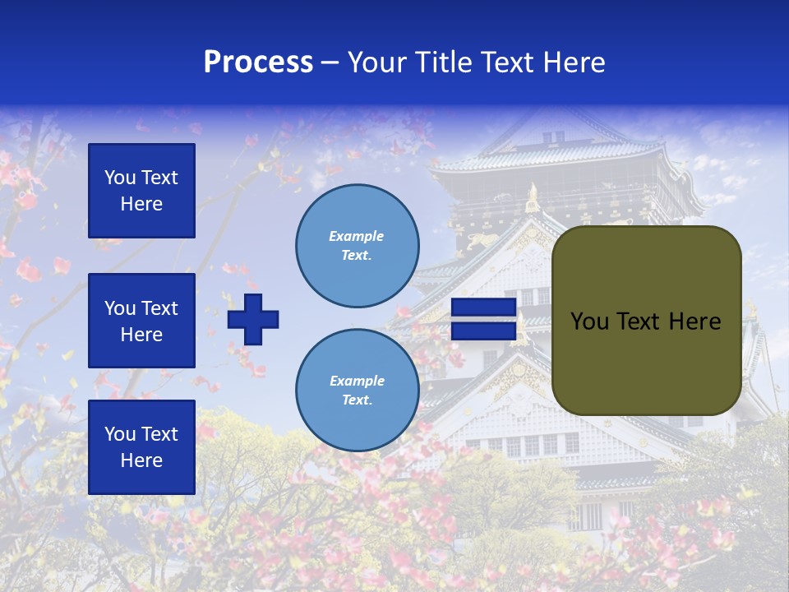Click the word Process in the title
tap(258, 62)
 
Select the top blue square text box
tap(141, 191)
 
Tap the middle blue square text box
tap(141, 321)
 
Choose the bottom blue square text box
tap(141, 447)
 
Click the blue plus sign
tap(253, 319)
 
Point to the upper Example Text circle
tap(357, 246)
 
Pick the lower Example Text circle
tap(357, 391)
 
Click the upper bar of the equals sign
tap(483, 308)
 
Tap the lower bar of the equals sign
tap(483, 331)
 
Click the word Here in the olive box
tap(694, 321)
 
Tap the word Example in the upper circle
tap(357, 236)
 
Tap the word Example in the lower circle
tap(357, 381)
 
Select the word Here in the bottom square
tap(141, 460)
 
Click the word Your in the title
tap(376, 62)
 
